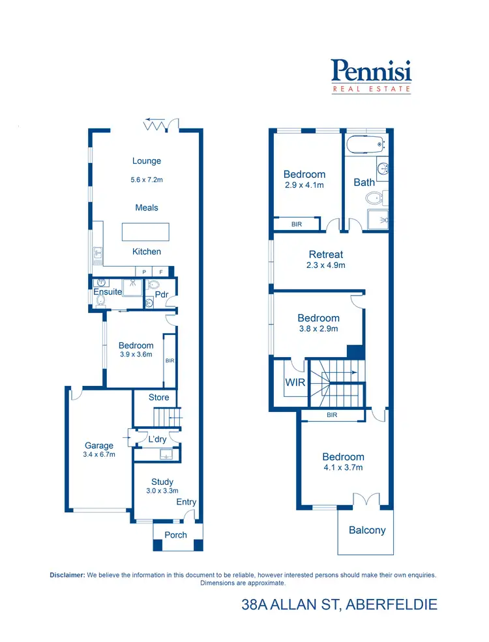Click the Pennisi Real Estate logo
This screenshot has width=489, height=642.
point(371,76)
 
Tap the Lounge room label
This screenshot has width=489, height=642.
point(147,161)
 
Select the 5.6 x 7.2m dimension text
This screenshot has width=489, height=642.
point(147,179)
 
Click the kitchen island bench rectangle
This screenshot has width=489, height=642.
point(145,232)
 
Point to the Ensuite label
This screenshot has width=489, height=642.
point(108,292)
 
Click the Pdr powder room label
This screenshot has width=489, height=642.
point(162,294)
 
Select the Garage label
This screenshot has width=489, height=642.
point(99,446)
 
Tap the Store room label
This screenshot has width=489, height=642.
point(158,397)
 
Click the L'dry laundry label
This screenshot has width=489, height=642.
point(157,439)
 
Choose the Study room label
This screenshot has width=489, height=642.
point(162,482)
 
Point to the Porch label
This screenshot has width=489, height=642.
point(175,535)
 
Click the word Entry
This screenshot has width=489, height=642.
point(186,502)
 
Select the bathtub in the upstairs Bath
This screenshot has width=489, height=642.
point(366,144)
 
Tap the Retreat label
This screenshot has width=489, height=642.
point(325,254)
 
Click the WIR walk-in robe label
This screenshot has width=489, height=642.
point(295,383)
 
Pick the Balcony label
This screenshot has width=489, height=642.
point(367,530)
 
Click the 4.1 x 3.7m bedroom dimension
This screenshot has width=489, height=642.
point(343,467)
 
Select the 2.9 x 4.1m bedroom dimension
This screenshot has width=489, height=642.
point(304,185)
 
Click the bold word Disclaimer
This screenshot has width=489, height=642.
point(67,575)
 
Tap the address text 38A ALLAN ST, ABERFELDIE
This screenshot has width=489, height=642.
point(339,605)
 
